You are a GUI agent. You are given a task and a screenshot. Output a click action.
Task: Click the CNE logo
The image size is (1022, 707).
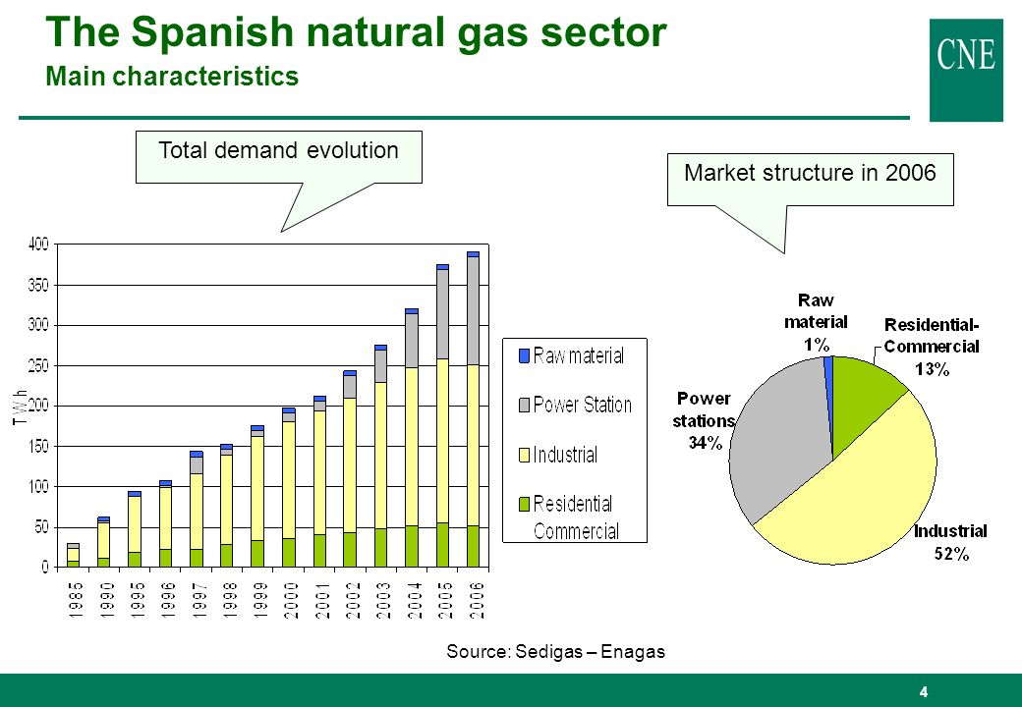tap(966, 70)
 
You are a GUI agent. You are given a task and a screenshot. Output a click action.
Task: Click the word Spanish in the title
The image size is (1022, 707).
tap(212, 32)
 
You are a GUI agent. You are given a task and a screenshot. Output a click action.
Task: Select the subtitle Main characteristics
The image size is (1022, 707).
tap(172, 77)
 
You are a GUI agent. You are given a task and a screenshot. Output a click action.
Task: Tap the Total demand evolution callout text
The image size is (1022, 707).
tap(278, 150)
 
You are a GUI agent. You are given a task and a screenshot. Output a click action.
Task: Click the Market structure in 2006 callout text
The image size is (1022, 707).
tap(810, 173)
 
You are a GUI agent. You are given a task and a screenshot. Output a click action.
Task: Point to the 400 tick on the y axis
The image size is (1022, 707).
tap(38, 245)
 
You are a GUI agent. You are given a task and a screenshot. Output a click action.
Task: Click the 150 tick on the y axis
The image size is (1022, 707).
tap(38, 447)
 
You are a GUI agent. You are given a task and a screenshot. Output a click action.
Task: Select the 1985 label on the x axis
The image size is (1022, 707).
tap(75, 600)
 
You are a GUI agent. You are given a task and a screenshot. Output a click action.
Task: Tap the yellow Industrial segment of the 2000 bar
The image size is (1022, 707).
tap(289, 480)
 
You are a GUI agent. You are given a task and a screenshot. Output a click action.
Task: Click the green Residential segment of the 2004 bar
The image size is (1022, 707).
tap(412, 546)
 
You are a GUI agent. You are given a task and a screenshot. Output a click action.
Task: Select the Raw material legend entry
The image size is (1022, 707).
tap(571, 355)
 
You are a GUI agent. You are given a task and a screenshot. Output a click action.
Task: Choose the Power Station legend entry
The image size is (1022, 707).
tap(575, 405)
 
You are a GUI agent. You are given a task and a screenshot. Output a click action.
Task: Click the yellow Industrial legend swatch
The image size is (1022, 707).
tap(524, 455)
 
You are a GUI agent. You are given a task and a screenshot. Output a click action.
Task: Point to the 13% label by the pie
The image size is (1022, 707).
tap(932, 370)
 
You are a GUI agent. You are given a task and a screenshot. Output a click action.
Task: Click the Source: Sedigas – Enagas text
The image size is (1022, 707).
tap(555, 652)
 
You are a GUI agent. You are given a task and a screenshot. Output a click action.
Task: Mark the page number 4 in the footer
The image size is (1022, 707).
tap(923, 692)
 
